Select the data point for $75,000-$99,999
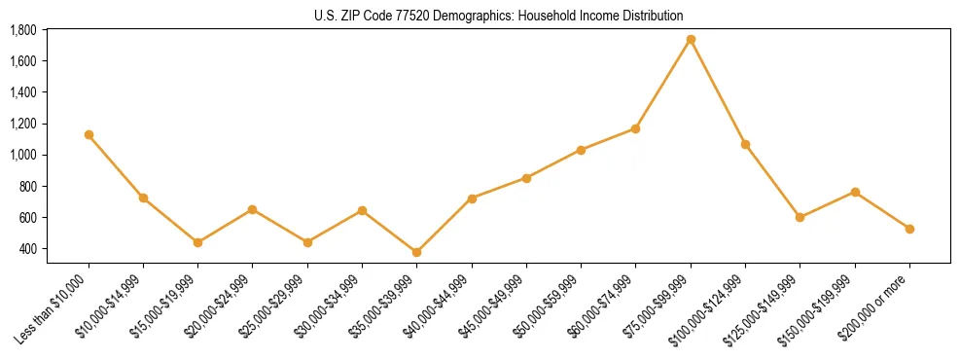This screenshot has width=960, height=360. tap(691, 40)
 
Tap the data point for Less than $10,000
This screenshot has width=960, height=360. tap(89, 135)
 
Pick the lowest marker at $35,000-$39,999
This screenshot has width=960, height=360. tap(416, 253)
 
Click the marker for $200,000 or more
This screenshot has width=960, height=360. tap(909, 230)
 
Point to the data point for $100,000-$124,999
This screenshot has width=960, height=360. tap(745, 145)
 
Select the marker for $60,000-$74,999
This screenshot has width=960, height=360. tap(636, 128)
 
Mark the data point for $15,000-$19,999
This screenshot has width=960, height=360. tap(197, 243)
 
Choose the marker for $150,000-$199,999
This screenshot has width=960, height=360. tap(855, 192)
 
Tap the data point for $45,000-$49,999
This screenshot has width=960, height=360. tap(526, 178)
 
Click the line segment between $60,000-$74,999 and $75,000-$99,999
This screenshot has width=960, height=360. tap(663, 85)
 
